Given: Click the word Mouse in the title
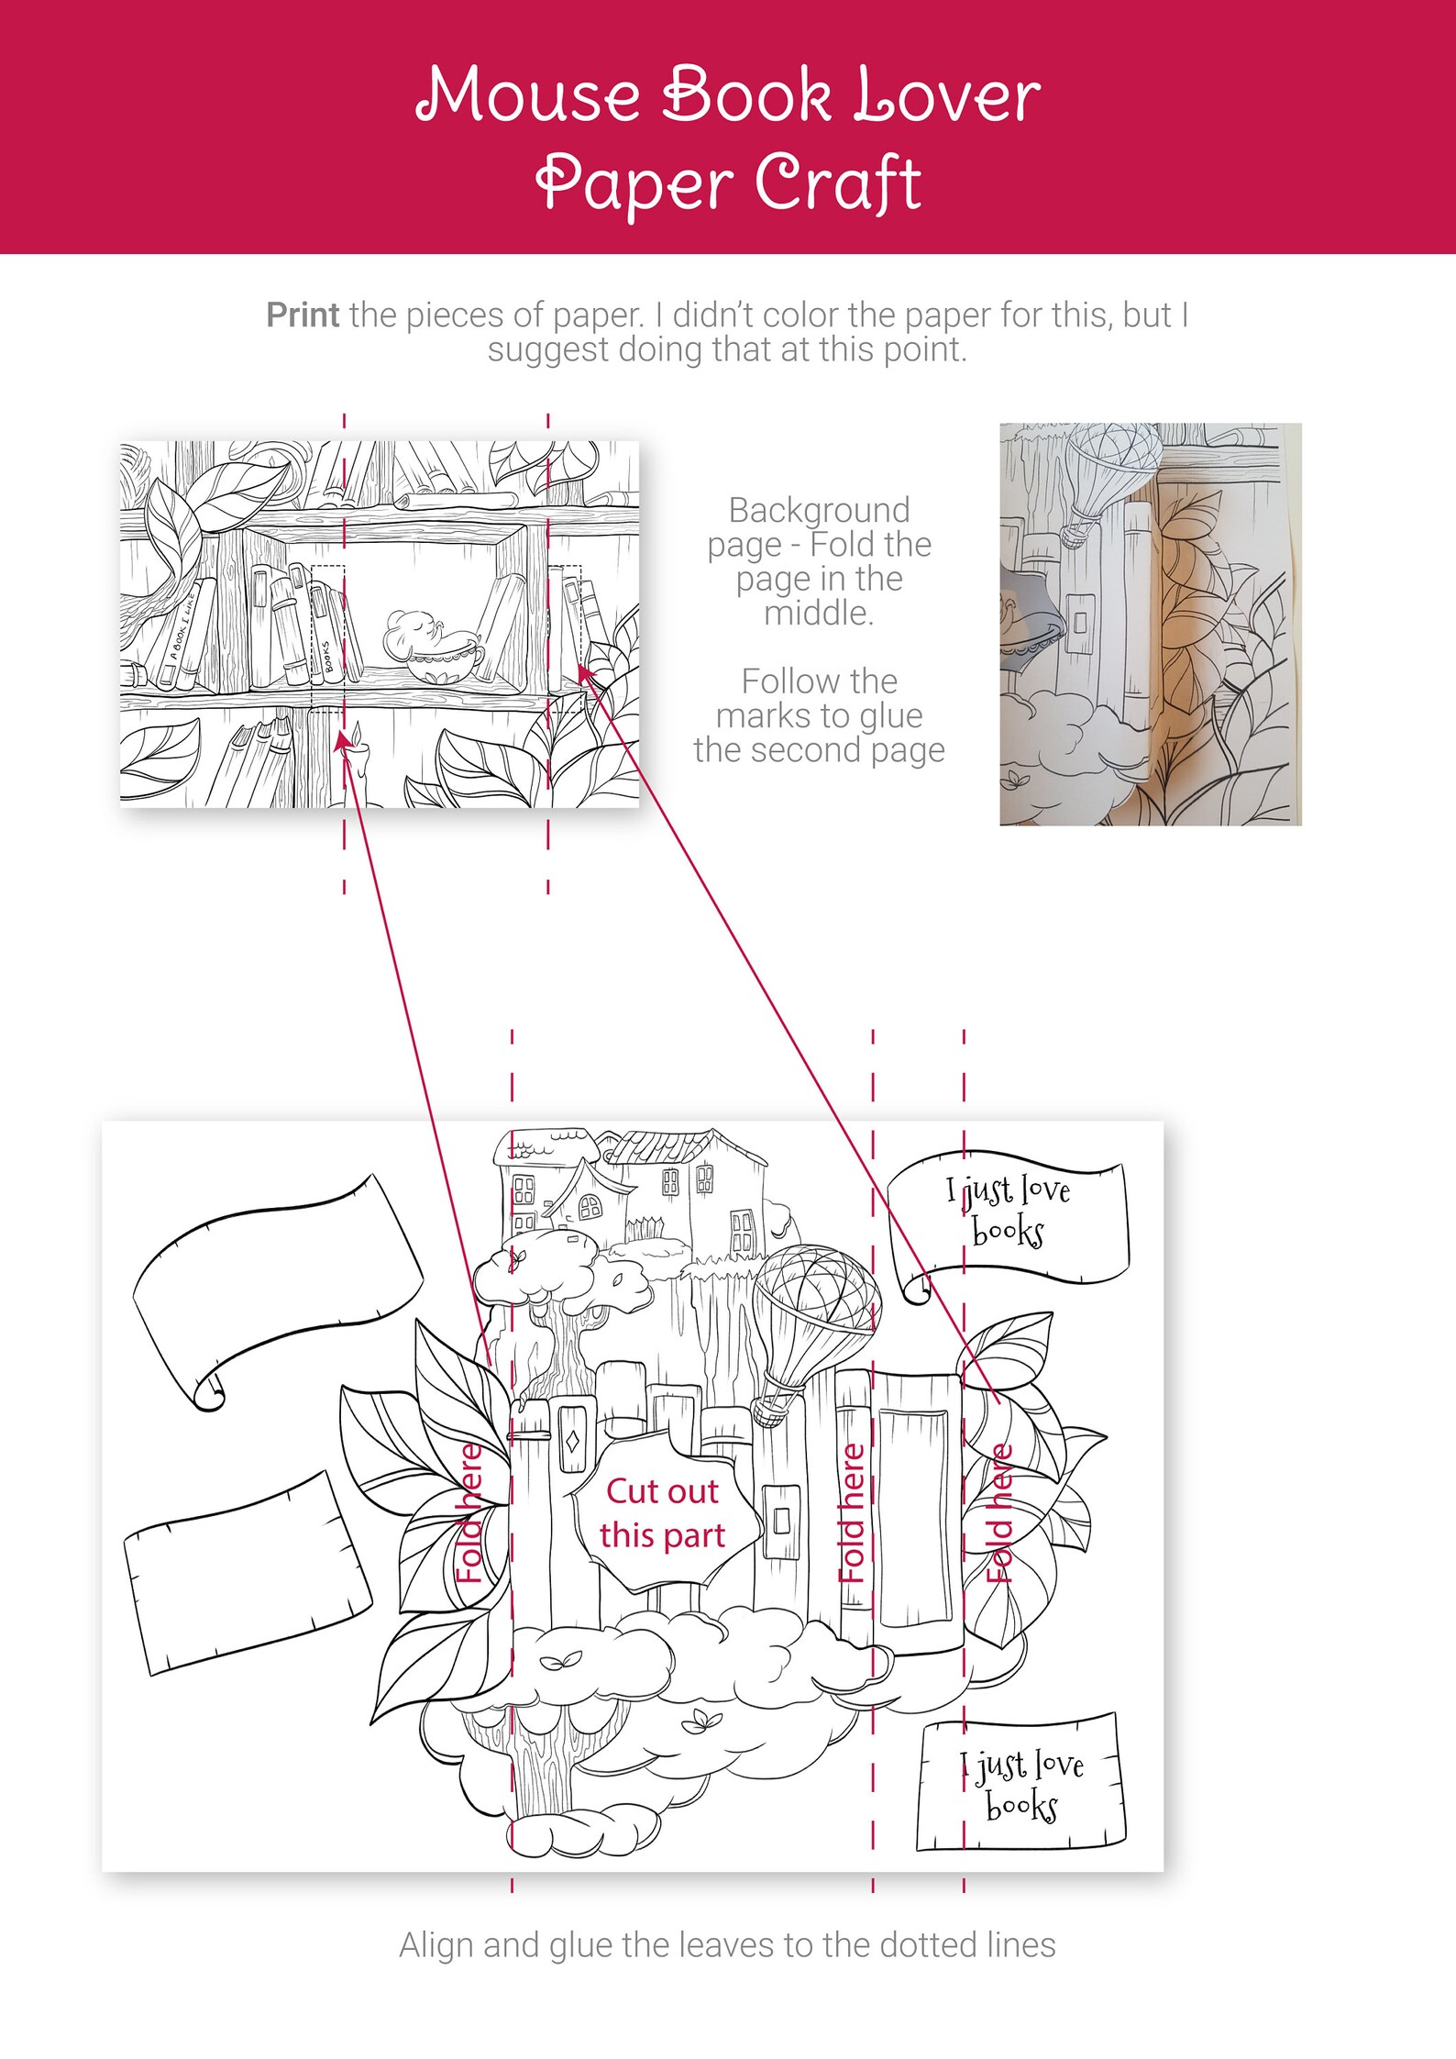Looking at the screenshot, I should coord(528,95).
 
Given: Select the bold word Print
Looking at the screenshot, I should coord(303,315).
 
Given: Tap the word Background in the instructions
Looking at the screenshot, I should coord(819,510).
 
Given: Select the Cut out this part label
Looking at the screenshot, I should coord(663,1512).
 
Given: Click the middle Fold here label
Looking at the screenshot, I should coord(853,1513).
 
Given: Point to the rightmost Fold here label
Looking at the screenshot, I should coord(999,1513).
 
